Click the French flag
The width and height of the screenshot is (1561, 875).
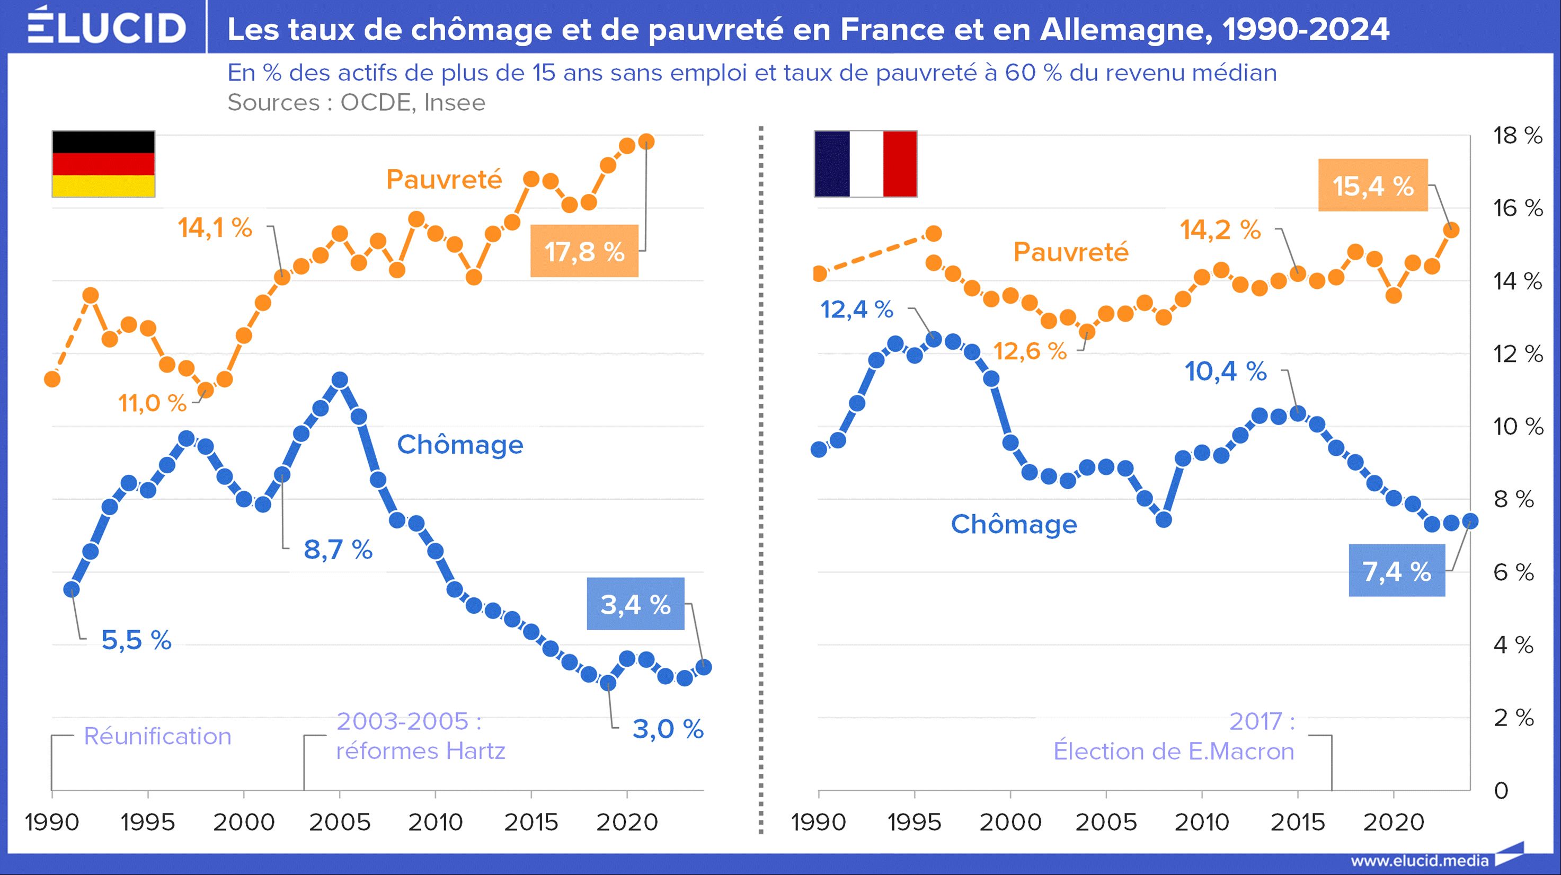coord(865,164)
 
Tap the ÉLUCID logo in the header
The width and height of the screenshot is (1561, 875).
coord(107,27)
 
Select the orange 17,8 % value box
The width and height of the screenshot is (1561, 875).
coord(584,251)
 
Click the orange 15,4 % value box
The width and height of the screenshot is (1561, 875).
coord(1372,185)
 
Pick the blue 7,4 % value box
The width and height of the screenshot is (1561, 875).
coord(1396,571)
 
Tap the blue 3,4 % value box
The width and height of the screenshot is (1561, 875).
coord(635,604)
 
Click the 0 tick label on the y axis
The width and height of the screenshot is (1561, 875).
coord(1501,791)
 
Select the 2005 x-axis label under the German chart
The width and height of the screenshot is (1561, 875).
coord(339,823)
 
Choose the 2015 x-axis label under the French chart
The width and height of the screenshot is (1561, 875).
coord(1298,823)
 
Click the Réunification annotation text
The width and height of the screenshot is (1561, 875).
coord(157,736)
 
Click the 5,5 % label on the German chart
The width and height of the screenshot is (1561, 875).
coord(136,640)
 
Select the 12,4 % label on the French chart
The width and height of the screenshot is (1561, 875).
coord(856,310)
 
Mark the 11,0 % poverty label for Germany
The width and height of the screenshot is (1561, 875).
coord(152,403)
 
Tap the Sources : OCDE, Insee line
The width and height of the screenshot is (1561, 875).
coord(356,103)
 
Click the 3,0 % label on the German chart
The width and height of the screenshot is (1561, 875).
coord(668,729)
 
